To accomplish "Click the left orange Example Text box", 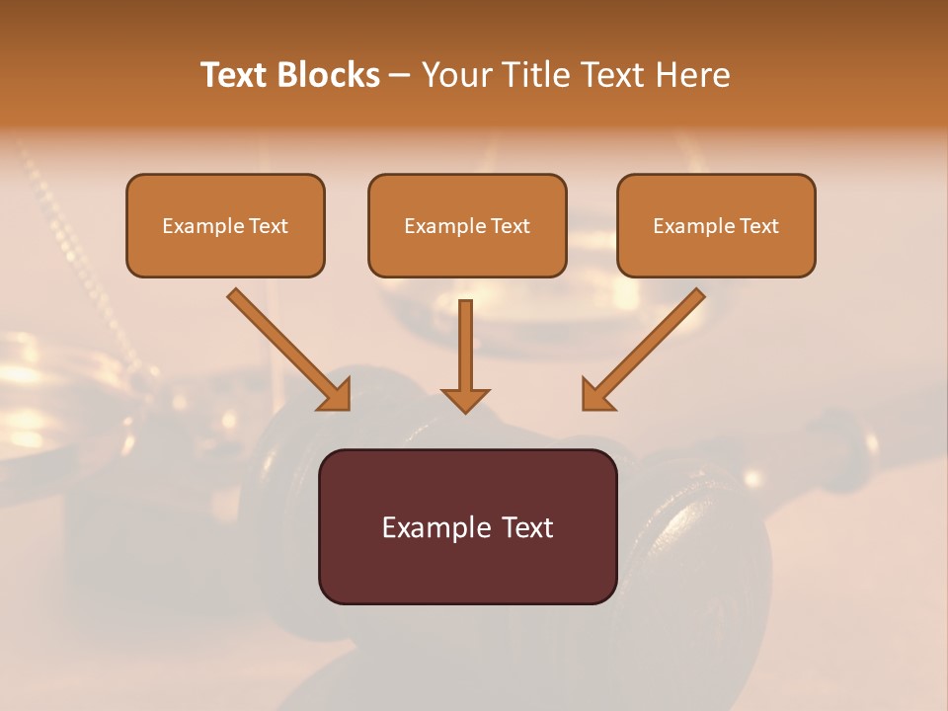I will (x=225, y=225).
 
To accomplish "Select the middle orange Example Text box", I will (x=467, y=225).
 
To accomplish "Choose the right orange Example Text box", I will (x=716, y=225).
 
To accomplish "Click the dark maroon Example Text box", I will (x=467, y=526).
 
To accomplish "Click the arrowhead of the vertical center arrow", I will (x=465, y=400).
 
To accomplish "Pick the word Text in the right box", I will (x=759, y=226).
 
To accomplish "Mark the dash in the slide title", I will (x=400, y=75).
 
